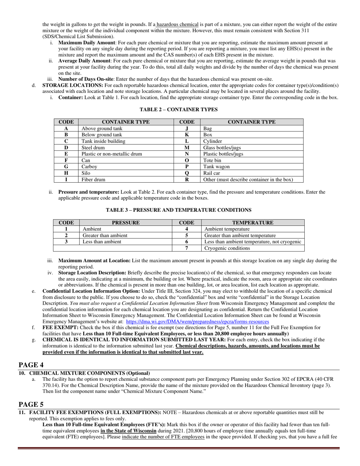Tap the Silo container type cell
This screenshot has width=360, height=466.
[86, 173]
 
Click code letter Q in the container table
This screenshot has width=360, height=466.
[186, 173]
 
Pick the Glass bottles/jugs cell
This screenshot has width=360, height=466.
[222, 148]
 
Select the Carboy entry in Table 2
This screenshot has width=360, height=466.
[89, 167]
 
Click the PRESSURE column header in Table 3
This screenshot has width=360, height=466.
[126, 223]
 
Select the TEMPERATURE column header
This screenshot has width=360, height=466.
[253, 223]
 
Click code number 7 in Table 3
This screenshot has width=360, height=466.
[186, 248]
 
